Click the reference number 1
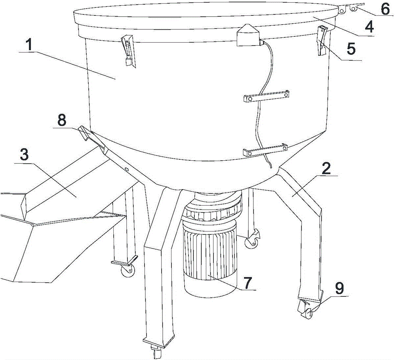[29, 45]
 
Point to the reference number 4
[370, 27]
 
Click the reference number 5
[351, 49]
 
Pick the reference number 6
[385, 9]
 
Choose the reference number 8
[62, 120]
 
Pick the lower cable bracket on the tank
[265, 150]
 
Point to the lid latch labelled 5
[322, 40]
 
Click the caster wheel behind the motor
[252, 242]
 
